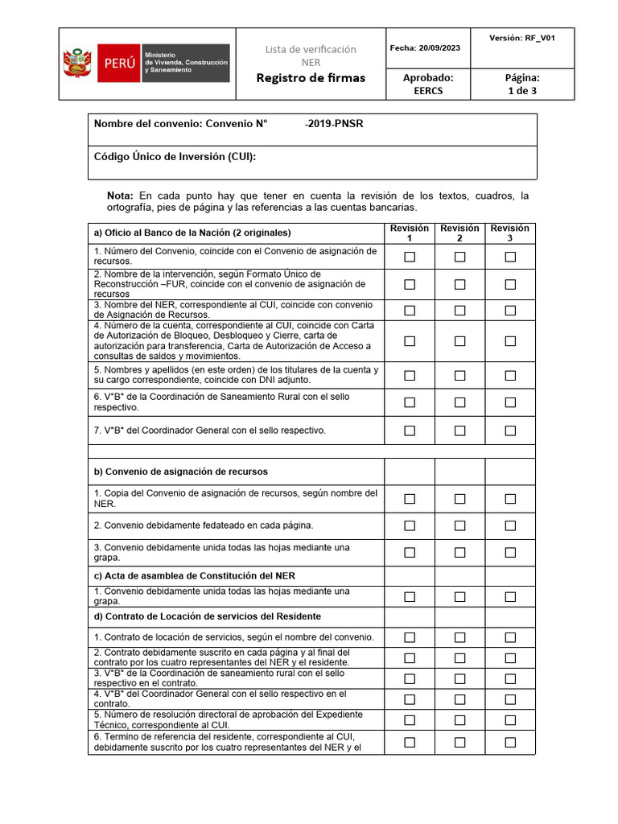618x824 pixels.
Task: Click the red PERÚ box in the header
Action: (x=117, y=64)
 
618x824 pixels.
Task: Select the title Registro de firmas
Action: (x=311, y=78)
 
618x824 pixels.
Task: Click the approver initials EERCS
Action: (x=427, y=91)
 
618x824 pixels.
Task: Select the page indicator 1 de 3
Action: (x=522, y=91)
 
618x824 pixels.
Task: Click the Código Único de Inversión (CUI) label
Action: (x=175, y=156)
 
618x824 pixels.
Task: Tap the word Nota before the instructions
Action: (x=120, y=196)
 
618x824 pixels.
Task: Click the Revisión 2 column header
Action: (x=459, y=233)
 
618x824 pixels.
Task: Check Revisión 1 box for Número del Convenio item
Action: (x=410, y=257)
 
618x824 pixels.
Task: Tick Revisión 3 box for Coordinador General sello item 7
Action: (x=510, y=431)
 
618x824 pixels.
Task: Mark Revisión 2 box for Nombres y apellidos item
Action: (x=459, y=375)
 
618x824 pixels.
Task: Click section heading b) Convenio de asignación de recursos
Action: (x=181, y=472)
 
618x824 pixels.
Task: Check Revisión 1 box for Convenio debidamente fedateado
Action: (x=410, y=525)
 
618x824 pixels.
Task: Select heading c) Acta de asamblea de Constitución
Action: (x=194, y=575)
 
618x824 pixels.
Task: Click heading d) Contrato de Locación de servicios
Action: (x=208, y=616)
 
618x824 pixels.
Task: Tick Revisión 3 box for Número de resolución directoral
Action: (x=510, y=719)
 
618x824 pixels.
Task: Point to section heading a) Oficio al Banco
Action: (x=192, y=233)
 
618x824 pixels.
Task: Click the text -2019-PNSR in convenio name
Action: (x=334, y=124)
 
